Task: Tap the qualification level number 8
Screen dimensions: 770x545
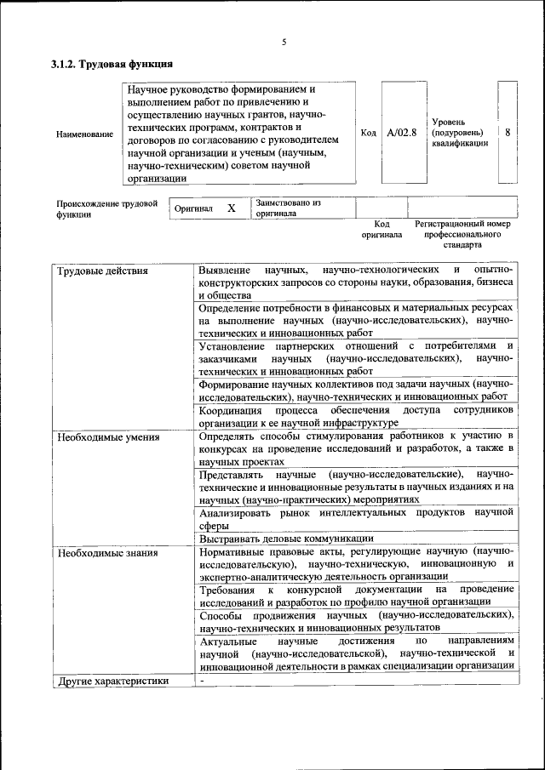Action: (x=508, y=133)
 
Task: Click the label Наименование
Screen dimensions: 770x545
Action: (x=84, y=134)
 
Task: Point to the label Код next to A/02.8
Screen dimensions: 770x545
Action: (x=368, y=133)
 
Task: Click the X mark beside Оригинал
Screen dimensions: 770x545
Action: (x=231, y=208)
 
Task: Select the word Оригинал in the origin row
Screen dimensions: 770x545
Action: (x=193, y=208)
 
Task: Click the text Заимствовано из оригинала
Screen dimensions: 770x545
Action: (x=286, y=208)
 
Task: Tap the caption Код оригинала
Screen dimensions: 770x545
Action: (x=381, y=229)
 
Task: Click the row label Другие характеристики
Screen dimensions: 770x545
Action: (x=112, y=681)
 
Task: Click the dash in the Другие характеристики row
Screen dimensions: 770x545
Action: (x=202, y=681)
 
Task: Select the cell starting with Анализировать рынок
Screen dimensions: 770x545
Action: (x=356, y=518)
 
